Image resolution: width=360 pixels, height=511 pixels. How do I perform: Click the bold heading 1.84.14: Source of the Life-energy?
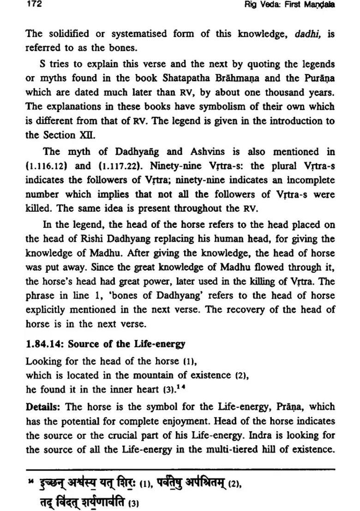pyautogui.click(x=106, y=344)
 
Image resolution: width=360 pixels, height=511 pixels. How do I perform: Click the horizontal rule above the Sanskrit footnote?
pyautogui.click(x=180, y=469)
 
